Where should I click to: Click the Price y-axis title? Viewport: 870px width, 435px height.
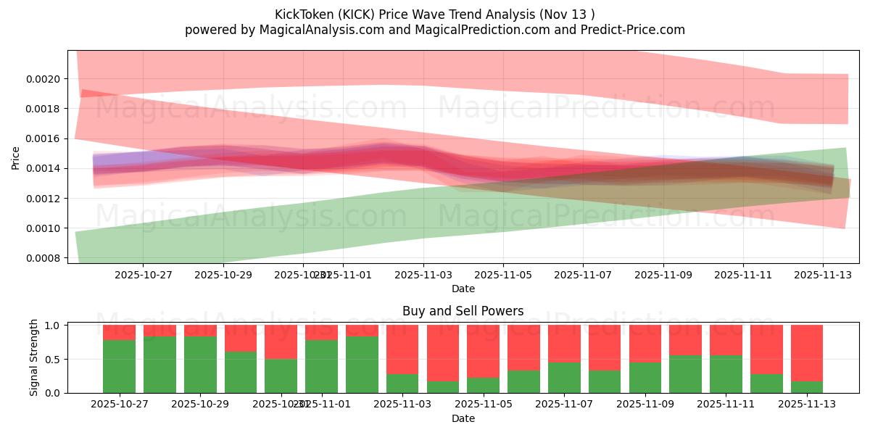click(16, 157)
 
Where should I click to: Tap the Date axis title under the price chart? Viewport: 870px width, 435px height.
click(463, 289)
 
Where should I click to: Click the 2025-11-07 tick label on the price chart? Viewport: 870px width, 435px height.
click(583, 275)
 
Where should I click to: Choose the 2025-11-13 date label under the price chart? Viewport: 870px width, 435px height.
click(823, 275)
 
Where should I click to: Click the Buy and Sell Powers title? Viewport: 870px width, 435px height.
click(463, 311)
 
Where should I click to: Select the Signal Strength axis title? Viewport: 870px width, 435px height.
click(34, 359)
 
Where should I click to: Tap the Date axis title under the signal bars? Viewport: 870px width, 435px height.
click(463, 418)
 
